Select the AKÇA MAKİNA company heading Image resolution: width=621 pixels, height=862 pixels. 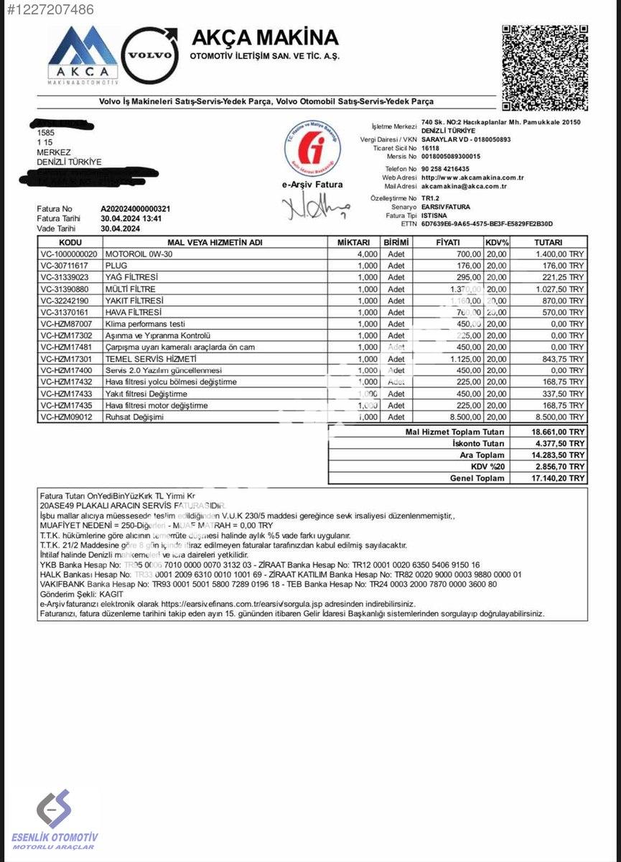[264, 37]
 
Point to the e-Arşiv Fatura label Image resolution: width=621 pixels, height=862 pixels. [312, 185]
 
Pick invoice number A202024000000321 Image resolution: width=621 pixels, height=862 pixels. [135, 209]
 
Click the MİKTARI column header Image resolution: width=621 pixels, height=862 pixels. [353, 243]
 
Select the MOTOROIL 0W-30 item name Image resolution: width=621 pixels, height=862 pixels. [139, 254]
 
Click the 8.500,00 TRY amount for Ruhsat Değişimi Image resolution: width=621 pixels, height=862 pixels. [561, 417]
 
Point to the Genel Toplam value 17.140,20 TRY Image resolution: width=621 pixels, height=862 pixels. [558, 478]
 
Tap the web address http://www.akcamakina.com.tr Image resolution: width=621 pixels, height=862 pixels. [472, 177]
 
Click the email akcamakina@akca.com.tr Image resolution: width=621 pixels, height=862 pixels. [464, 186]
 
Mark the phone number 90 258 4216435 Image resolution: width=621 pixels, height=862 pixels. [451, 169]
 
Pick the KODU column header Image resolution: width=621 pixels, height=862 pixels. [70, 243]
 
